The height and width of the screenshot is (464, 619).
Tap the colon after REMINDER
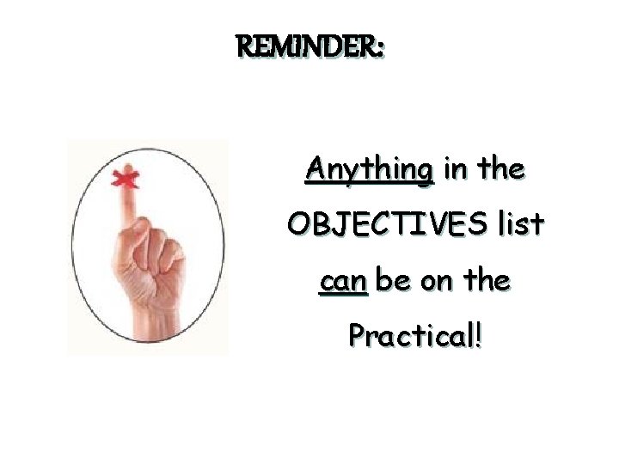point(379,50)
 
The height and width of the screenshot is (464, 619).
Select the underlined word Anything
point(370,169)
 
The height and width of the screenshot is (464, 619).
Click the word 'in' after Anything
point(456,169)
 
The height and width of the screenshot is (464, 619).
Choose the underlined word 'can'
point(342,281)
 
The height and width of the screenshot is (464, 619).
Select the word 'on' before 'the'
point(438,281)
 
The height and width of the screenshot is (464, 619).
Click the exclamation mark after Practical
point(477,334)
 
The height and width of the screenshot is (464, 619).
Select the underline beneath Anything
point(370,185)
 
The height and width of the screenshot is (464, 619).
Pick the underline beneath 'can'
point(342,294)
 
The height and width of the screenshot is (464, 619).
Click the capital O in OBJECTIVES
point(300,224)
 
